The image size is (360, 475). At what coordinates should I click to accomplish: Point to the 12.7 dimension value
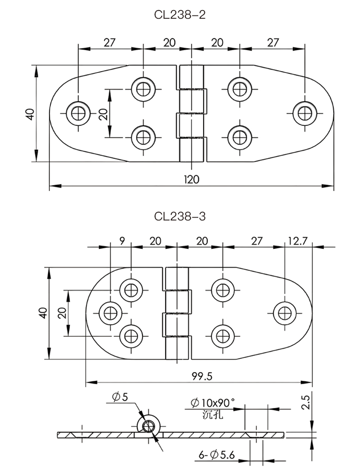(x=298, y=241)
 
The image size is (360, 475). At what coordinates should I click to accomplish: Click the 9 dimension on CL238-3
(x=122, y=241)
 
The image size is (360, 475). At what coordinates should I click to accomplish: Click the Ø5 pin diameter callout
(x=120, y=397)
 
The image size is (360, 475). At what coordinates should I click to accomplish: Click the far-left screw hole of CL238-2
(x=77, y=113)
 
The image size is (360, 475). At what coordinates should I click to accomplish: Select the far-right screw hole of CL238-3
(x=285, y=313)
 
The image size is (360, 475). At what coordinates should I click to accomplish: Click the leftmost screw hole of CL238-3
(x=110, y=313)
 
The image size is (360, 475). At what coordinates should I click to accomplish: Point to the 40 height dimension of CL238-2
(x=30, y=114)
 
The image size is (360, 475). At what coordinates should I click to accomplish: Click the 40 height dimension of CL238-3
(x=42, y=313)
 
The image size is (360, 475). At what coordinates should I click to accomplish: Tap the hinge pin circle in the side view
(x=148, y=425)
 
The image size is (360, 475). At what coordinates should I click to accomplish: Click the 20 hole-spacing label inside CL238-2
(x=102, y=114)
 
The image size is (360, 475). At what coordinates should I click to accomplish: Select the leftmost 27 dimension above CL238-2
(x=109, y=42)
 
